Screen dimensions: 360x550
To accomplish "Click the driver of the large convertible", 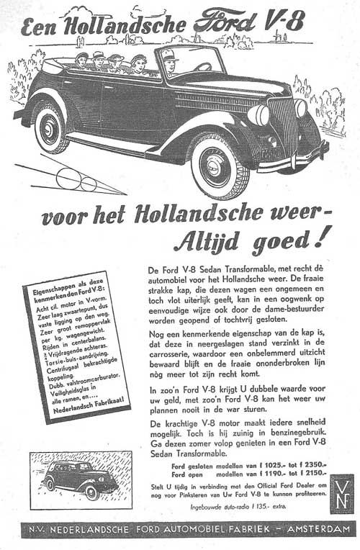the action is [x=169, y=63].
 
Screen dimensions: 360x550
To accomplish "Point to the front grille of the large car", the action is [x=283, y=126].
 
